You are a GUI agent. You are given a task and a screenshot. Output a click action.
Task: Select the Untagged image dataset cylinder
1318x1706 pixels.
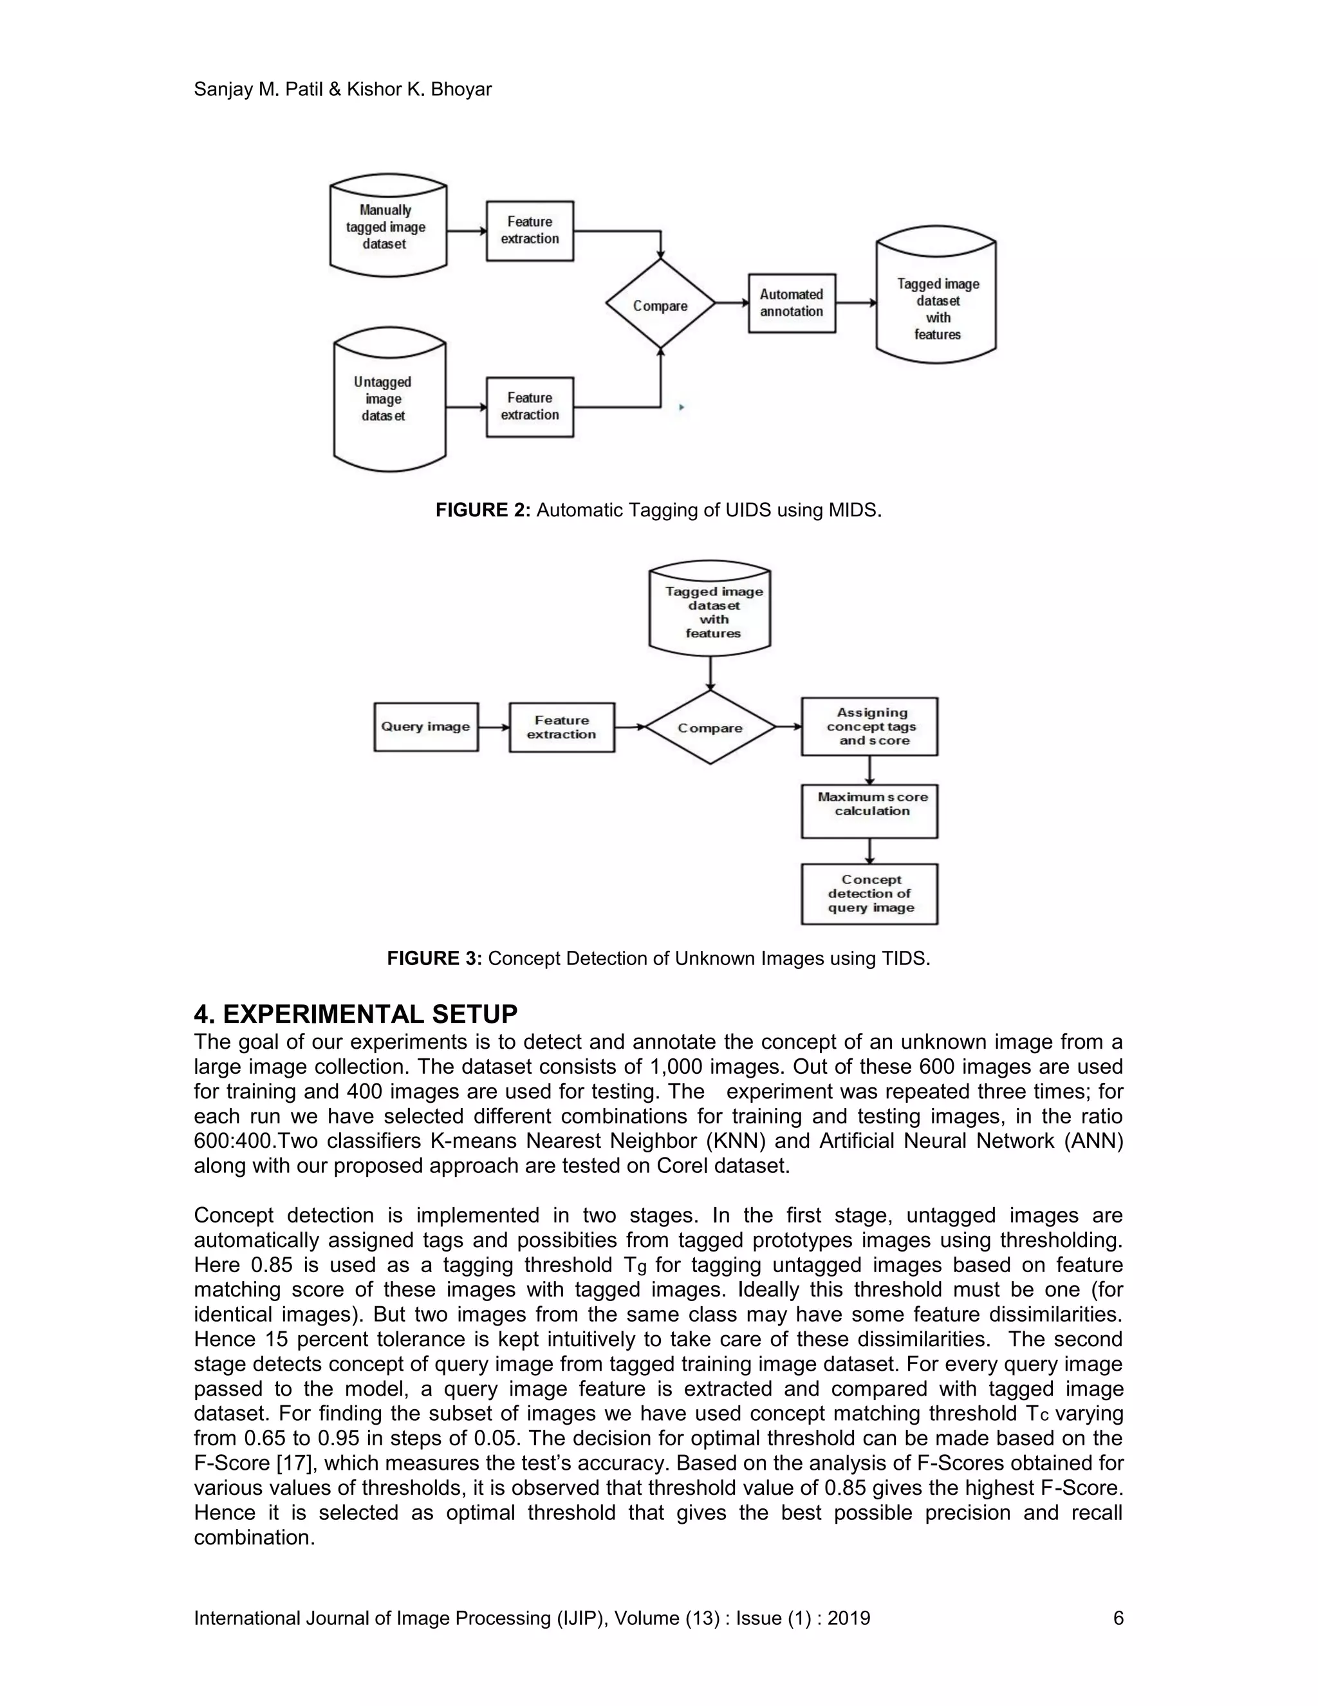click(389, 399)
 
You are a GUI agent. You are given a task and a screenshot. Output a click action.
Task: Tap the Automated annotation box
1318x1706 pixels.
click(792, 303)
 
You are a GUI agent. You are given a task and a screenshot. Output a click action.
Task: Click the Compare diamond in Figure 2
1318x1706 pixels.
click(660, 305)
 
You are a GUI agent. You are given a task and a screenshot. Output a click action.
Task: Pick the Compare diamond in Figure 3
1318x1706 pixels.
click(710, 727)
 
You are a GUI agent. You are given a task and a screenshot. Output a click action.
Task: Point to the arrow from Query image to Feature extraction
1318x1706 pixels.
click(494, 727)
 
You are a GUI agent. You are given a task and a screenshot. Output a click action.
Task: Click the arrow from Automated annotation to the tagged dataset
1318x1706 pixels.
click(856, 303)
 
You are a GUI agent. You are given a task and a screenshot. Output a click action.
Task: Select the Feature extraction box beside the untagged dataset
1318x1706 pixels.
click(530, 407)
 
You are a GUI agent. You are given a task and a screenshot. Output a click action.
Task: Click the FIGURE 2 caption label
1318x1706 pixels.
click(483, 510)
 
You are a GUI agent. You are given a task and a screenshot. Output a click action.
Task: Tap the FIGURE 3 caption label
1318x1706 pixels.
click(434, 959)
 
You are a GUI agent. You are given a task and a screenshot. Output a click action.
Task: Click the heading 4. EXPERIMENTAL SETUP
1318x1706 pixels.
click(355, 1014)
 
